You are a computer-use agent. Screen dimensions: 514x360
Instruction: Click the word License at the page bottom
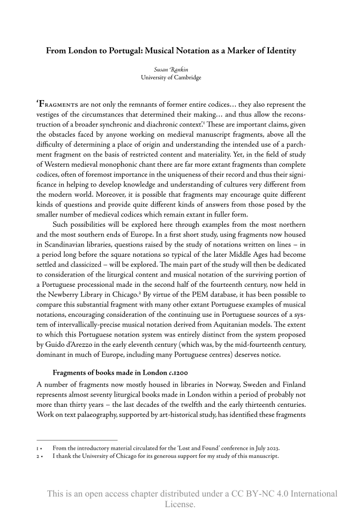pos(179,504)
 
